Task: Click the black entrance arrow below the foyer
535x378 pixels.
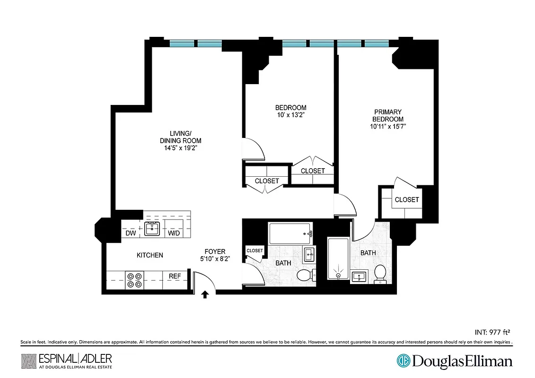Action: [x=205, y=295]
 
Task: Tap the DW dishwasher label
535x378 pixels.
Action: [x=131, y=233]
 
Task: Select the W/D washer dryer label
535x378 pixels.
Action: [x=174, y=233]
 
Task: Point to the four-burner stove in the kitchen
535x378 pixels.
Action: [x=135, y=280]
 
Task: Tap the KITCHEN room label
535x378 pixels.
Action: [x=150, y=255]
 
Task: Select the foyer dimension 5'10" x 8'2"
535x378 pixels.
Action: [x=215, y=259]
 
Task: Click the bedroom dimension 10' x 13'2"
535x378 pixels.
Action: [x=291, y=115]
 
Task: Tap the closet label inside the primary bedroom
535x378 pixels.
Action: [x=407, y=199]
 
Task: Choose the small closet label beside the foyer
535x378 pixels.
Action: [x=254, y=250]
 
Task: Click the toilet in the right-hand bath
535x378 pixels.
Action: [x=380, y=274]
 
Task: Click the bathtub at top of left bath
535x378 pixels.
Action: [x=290, y=233]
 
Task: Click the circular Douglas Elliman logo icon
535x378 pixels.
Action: [x=403, y=361]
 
